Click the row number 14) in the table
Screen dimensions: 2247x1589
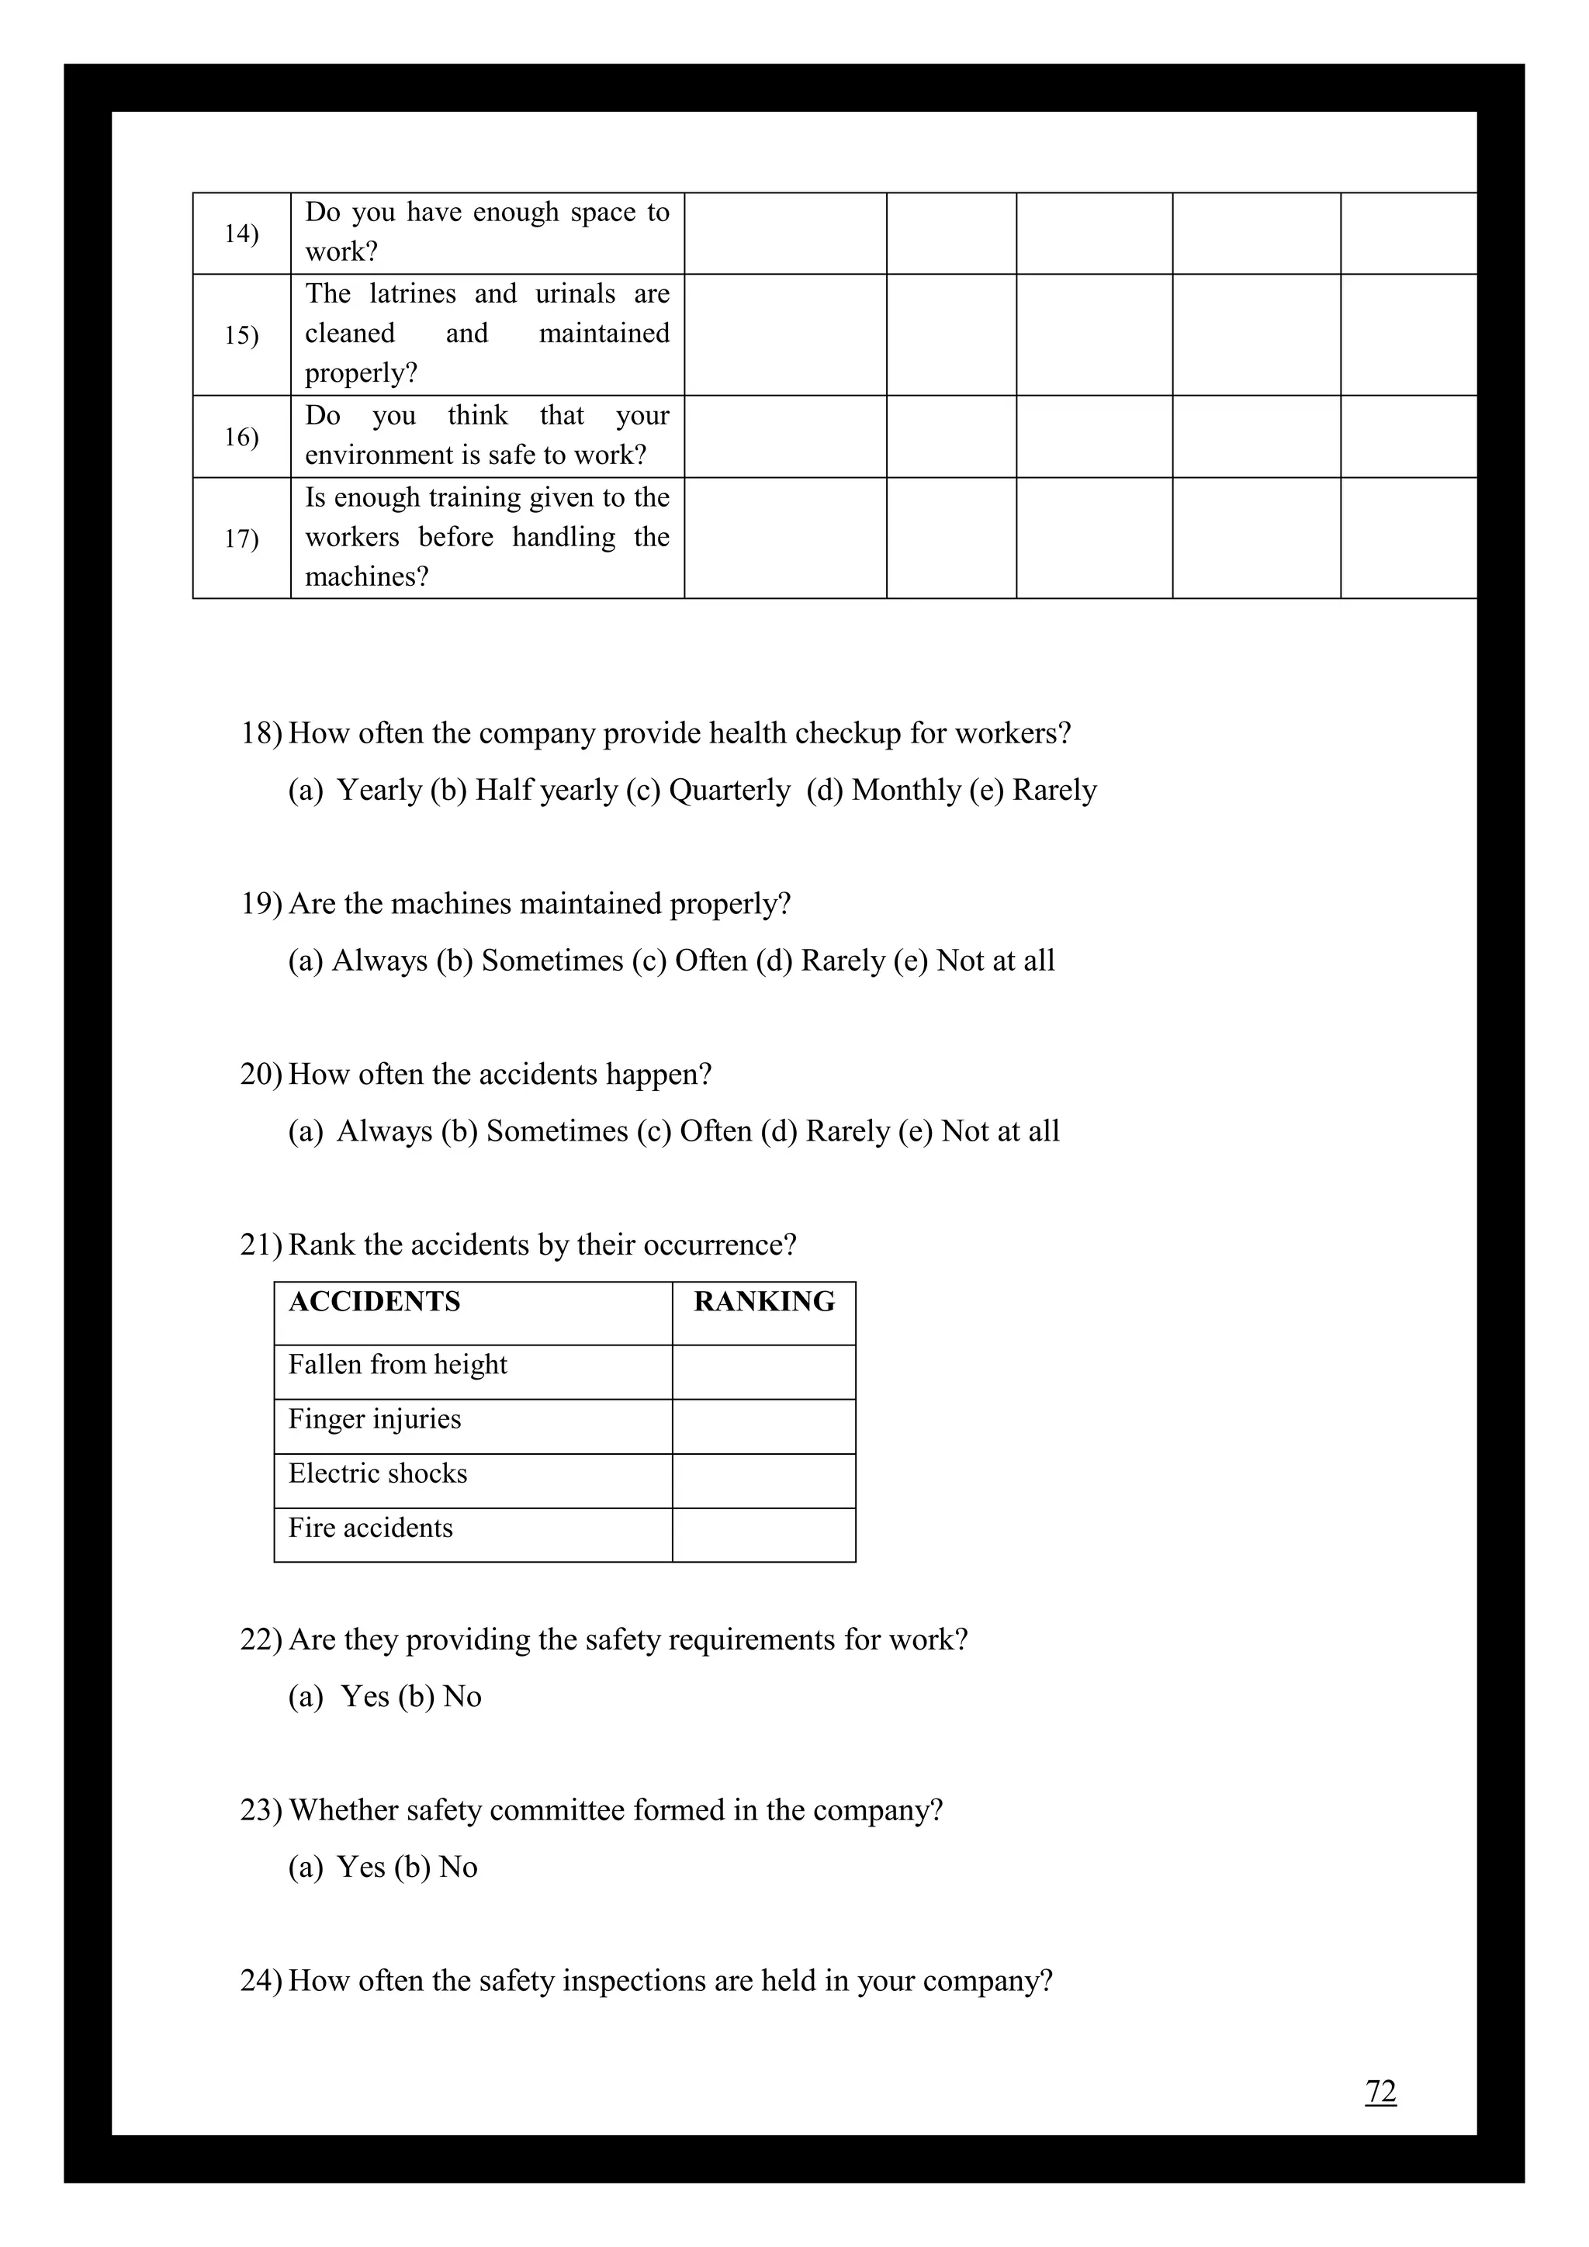tap(241, 234)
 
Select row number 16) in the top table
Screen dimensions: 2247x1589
tap(241, 437)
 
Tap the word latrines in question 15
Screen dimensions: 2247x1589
tap(413, 293)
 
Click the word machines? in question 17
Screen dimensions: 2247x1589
tap(367, 576)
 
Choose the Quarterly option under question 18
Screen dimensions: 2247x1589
tap(729, 790)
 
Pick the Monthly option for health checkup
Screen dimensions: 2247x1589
tap(905, 790)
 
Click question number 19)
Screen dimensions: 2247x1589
tap(261, 903)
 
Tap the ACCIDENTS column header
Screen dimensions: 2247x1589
tap(374, 1302)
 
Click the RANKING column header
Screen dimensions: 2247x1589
tap(764, 1302)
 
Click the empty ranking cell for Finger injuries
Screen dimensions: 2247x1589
tap(763, 1426)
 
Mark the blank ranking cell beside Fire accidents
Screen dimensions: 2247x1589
tap(763, 1535)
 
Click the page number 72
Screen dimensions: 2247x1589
tap(1380, 2091)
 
